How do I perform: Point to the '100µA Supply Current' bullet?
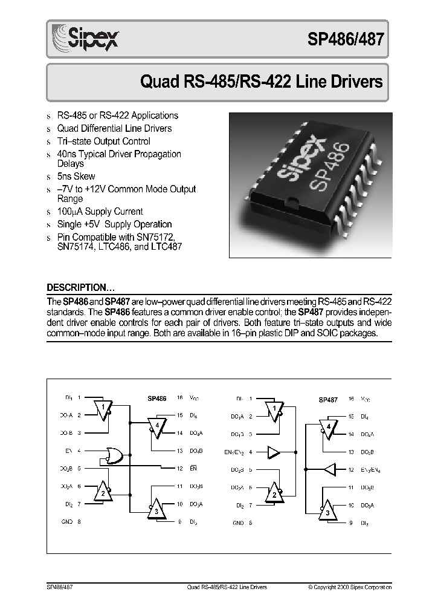click(x=100, y=212)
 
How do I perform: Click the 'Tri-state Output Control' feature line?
click(x=103, y=141)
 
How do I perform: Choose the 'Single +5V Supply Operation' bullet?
click(x=114, y=224)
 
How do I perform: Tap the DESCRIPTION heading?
click(x=81, y=287)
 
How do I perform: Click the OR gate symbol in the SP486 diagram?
click(x=114, y=454)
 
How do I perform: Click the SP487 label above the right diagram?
click(x=328, y=399)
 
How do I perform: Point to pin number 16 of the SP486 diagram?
click(x=179, y=398)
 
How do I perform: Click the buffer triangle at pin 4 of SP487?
click(x=274, y=451)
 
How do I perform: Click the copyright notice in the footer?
click(x=349, y=587)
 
